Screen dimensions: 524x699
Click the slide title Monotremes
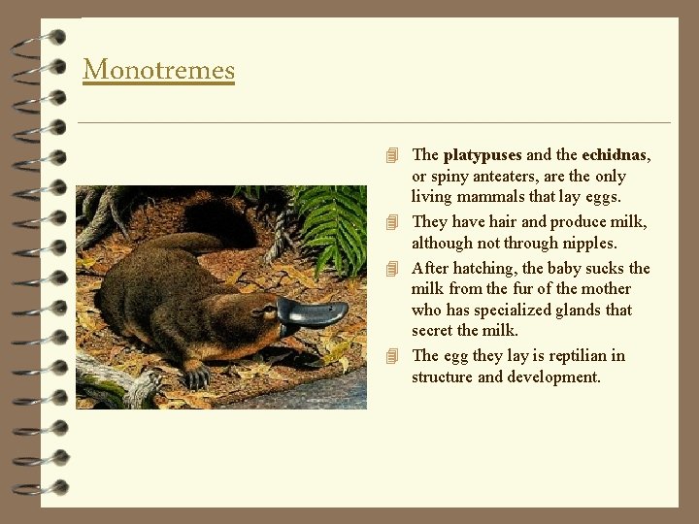click(x=158, y=70)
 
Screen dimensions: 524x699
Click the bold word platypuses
click(x=483, y=155)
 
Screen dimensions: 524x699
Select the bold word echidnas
click(x=615, y=155)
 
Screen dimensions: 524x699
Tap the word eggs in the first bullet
click(x=601, y=198)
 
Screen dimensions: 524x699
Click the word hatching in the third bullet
click(x=484, y=269)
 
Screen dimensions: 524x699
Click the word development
click(x=553, y=377)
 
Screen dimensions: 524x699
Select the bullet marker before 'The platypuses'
click(x=392, y=155)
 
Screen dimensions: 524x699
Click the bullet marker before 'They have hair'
click(x=392, y=221)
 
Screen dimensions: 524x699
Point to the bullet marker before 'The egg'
click(x=392, y=356)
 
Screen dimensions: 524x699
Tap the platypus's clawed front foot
click(x=195, y=374)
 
